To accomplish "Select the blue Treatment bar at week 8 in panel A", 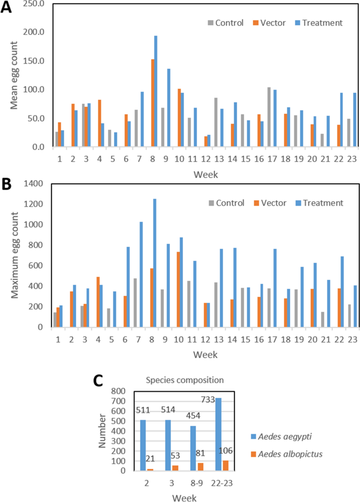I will (156, 91).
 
